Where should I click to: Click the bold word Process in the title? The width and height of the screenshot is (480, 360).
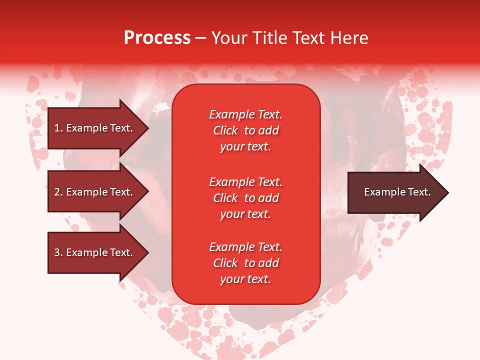coord(157,38)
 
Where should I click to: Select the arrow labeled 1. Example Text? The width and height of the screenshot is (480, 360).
coord(95,128)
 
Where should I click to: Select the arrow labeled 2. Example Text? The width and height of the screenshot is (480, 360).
coord(95,192)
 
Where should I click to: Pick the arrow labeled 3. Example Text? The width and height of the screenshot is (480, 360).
coord(95,252)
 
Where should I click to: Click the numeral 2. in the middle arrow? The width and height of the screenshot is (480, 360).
coord(58,192)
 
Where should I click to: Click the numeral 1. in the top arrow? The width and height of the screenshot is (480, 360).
coord(58,128)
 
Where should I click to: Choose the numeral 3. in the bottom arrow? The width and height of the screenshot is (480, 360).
coord(58,252)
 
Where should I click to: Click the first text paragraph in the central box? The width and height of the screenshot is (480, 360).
coord(245,130)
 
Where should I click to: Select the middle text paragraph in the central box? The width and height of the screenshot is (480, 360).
coord(245,198)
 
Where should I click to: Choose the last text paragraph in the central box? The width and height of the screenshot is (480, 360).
coord(245,263)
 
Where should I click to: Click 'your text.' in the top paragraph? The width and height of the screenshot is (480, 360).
coord(245,146)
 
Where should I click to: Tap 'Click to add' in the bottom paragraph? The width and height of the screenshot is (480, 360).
coord(245,263)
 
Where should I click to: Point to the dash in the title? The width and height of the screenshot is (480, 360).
coord(200,38)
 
